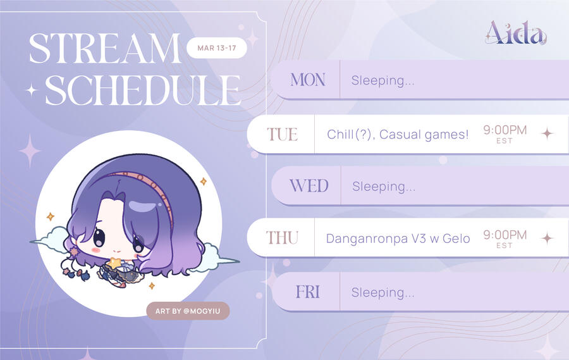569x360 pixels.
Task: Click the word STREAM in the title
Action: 105,48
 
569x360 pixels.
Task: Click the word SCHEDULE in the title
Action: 143,90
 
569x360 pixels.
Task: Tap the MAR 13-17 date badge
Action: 217,48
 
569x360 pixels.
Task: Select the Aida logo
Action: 516,33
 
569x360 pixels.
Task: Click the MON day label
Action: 308,80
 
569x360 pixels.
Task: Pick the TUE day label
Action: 283,134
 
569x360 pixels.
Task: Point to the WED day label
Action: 309,186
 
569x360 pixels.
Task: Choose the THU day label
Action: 283,238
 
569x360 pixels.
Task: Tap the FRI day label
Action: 308,292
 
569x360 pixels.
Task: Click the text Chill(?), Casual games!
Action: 398,135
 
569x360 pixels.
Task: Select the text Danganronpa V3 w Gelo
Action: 398,239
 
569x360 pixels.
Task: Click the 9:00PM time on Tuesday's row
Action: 505,130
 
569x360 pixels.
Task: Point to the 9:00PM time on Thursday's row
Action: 505,235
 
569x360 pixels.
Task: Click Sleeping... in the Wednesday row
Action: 384,187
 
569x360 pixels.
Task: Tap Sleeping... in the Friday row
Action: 382,292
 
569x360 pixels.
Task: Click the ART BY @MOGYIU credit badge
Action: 188,311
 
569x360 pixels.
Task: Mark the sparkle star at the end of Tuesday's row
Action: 548,133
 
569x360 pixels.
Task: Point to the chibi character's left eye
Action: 99,237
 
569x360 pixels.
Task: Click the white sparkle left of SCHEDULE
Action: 32,90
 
